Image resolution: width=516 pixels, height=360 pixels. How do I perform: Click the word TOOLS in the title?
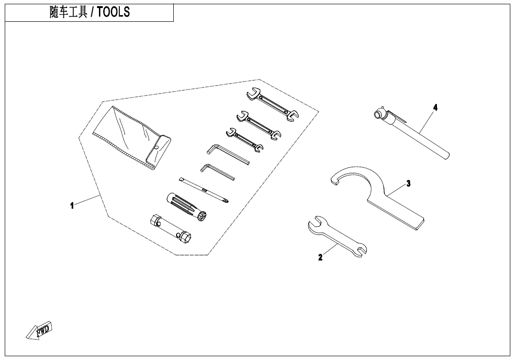pyautogui.click(x=114, y=13)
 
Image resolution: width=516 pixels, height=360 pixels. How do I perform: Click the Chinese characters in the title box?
pyautogui.click(x=69, y=13)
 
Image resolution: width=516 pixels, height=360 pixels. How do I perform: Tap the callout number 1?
pyautogui.click(x=72, y=206)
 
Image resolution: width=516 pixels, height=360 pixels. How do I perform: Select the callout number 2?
pyautogui.click(x=320, y=257)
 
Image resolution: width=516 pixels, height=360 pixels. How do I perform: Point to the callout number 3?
pyautogui.click(x=408, y=184)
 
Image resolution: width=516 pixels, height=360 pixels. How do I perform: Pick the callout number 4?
pyautogui.click(x=435, y=108)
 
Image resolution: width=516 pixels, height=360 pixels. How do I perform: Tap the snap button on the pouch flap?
pyautogui.click(x=156, y=148)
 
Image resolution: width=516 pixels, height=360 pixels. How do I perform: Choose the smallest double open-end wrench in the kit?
pyautogui.click(x=244, y=140)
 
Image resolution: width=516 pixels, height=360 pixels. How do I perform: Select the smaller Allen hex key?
pyautogui.click(x=217, y=171)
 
